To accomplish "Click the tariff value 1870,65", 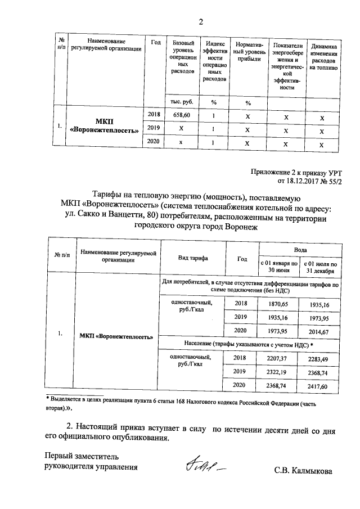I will [x=277, y=304].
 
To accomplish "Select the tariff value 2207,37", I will [x=277, y=358].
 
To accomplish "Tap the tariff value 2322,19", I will [x=277, y=372].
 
